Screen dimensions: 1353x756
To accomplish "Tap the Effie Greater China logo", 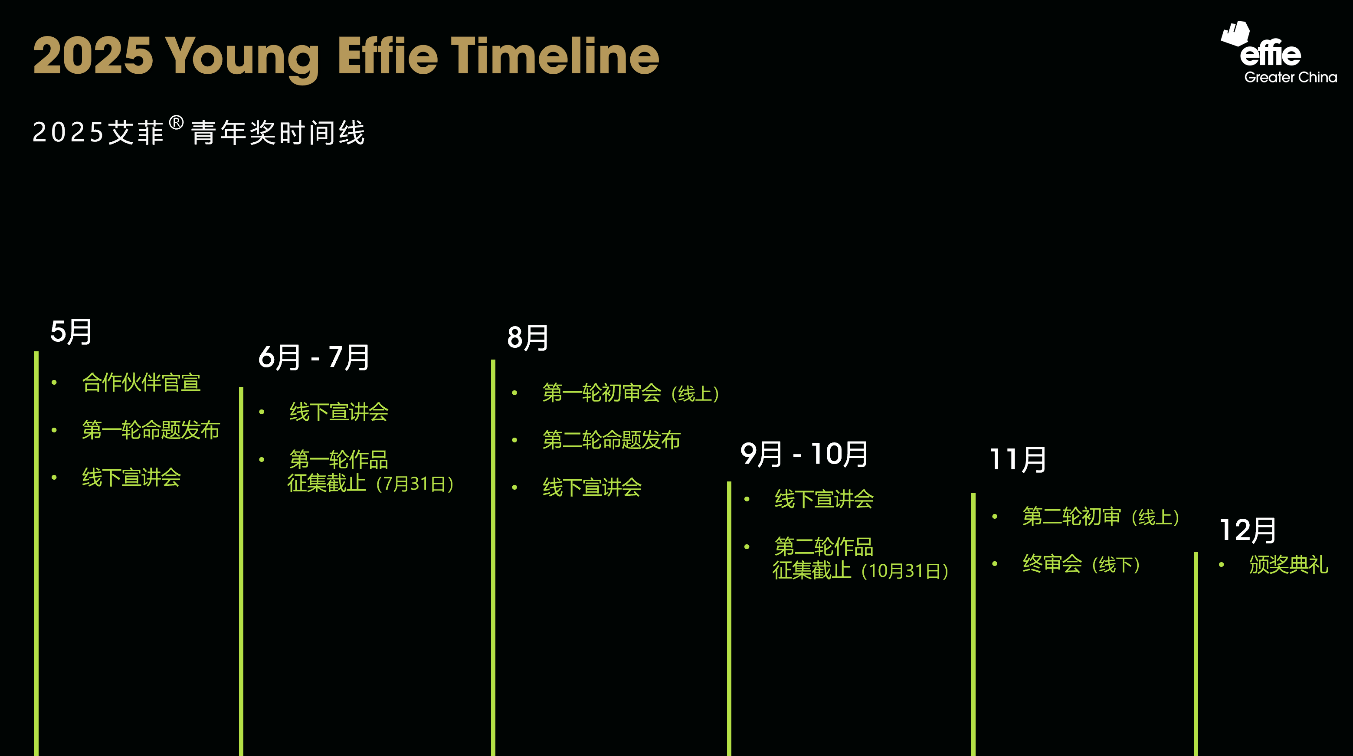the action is (x=1278, y=52).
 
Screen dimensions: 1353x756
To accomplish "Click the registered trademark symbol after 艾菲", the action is (x=177, y=123).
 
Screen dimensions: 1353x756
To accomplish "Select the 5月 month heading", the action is (x=71, y=332).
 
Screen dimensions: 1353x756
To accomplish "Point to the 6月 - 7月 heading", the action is (x=314, y=357).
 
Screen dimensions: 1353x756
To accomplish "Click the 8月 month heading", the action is (x=528, y=337).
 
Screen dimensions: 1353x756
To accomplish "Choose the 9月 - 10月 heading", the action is (x=804, y=454).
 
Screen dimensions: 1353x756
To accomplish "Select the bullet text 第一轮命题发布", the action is (x=151, y=430).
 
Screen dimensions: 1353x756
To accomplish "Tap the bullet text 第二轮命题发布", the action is (x=611, y=440).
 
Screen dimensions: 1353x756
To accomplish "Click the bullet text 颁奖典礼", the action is (x=1288, y=564).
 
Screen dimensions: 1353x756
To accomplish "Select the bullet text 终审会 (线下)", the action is (x=1081, y=564).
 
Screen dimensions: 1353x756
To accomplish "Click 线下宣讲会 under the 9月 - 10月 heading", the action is (x=824, y=499).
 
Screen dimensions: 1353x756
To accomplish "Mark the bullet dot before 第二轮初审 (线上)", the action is (x=994, y=517).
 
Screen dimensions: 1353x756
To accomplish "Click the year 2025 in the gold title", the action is (x=93, y=56).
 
